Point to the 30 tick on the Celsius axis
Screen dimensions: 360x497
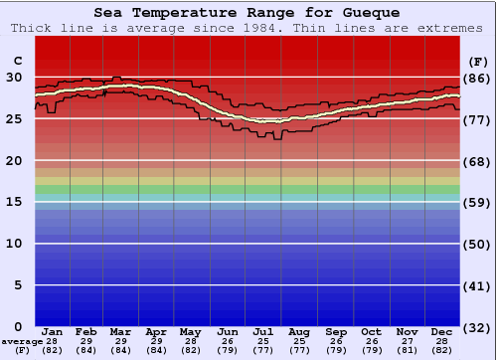(x=14, y=78)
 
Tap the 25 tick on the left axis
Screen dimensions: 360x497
(x=14, y=119)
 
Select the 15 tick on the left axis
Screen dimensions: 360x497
(x=14, y=202)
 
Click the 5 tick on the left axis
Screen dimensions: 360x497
(x=18, y=285)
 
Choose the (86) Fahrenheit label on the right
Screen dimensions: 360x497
(x=477, y=78)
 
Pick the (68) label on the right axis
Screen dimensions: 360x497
(x=477, y=161)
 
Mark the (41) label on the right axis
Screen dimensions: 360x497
(x=477, y=285)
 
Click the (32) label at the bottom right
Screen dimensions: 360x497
(x=477, y=328)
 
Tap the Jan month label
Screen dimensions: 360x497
(x=53, y=332)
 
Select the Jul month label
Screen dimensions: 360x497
(x=262, y=332)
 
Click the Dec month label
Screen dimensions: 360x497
(x=442, y=332)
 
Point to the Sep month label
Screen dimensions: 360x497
(x=335, y=332)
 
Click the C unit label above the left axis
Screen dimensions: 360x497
(x=17, y=60)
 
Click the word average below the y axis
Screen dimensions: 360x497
(x=22, y=341)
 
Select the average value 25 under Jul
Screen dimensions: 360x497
(x=262, y=341)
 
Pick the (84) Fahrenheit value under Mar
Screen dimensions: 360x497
(x=119, y=350)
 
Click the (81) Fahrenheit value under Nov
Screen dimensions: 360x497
(x=407, y=350)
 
